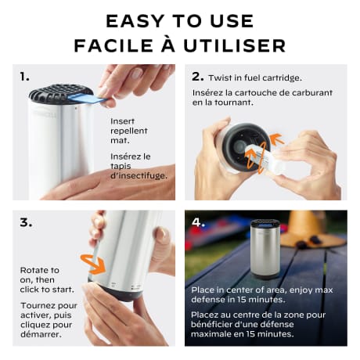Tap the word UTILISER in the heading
point(235,45)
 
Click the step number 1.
point(24,77)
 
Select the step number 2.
point(197,77)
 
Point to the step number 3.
point(26,222)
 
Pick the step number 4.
point(198,222)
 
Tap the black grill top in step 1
point(61,93)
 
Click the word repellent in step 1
point(129,131)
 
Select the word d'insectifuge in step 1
point(139,176)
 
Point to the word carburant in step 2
point(312,92)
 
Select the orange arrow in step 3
point(95,265)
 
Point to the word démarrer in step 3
point(41,334)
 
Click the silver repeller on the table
point(265,249)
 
